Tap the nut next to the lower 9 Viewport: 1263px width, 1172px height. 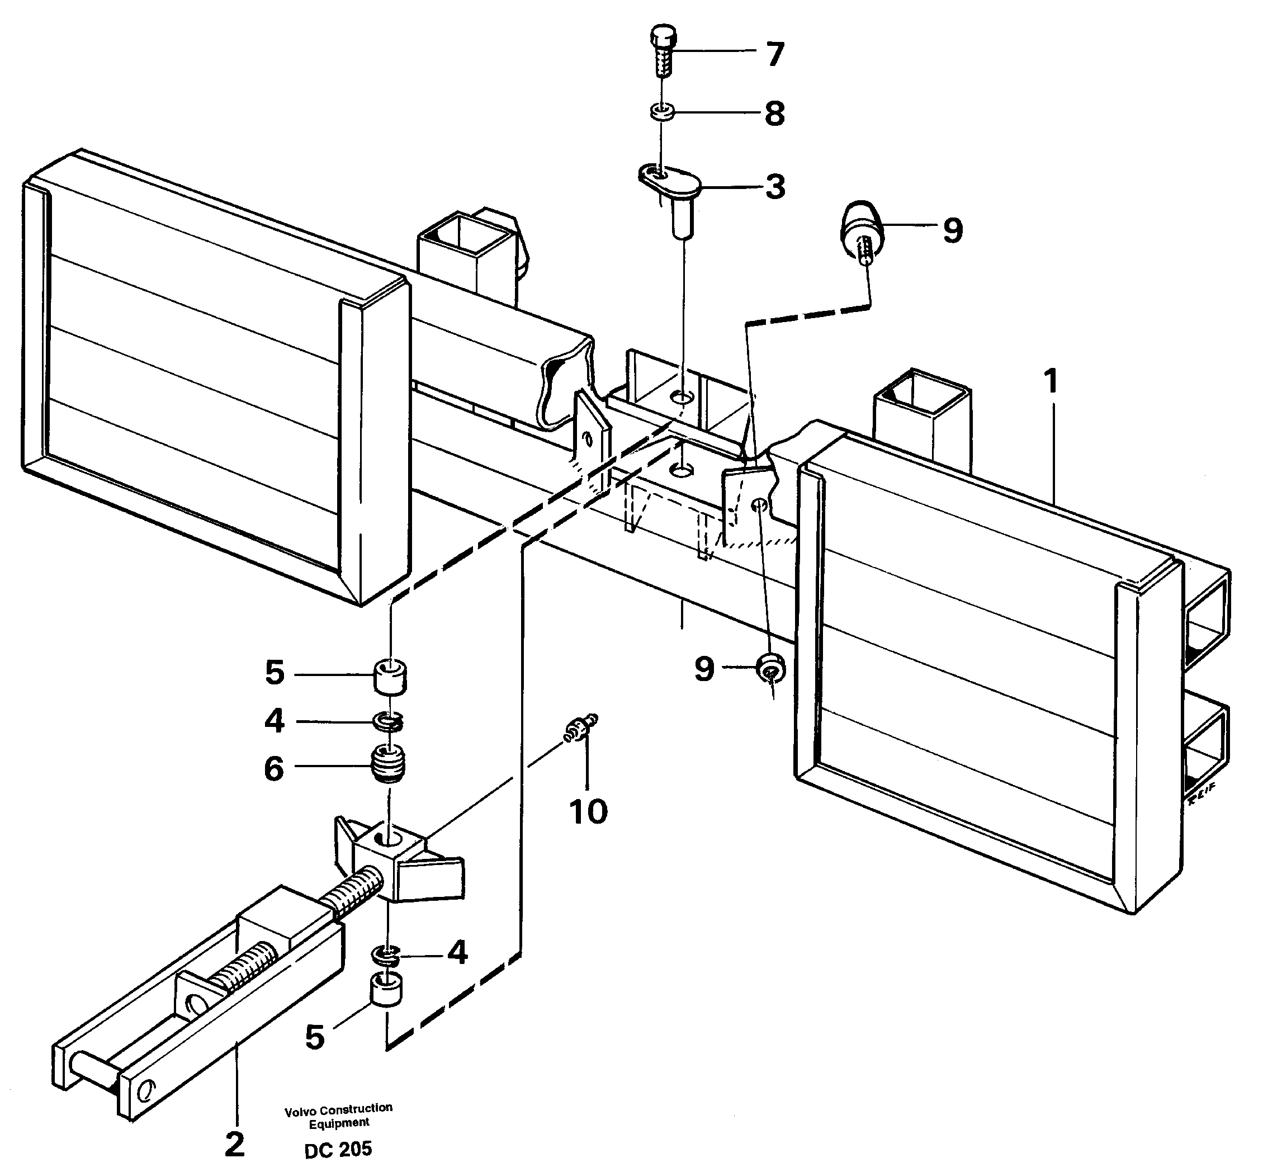[x=770, y=670]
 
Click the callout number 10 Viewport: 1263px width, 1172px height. [x=588, y=811]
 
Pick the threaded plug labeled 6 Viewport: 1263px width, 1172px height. [x=387, y=763]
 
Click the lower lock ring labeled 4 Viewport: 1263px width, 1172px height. [x=385, y=954]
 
